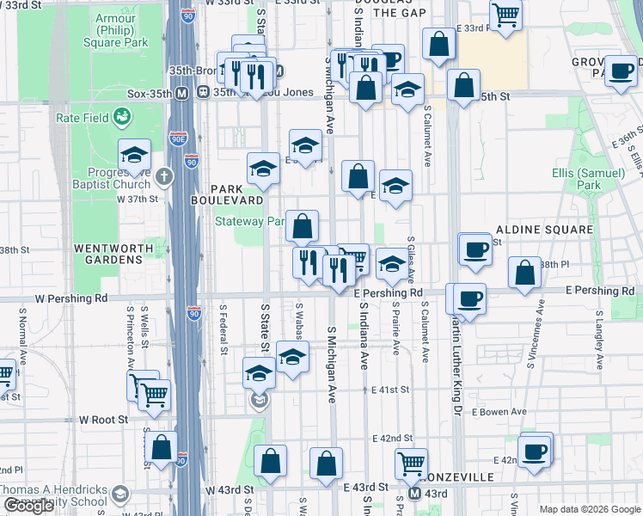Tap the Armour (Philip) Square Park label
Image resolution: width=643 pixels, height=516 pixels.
(122, 28)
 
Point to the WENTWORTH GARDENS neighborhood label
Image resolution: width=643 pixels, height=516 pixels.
(107, 253)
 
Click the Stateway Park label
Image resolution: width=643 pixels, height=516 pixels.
(249, 221)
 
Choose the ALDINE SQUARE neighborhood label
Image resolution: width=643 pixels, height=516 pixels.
(544, 230)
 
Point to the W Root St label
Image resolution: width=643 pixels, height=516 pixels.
(103, 420)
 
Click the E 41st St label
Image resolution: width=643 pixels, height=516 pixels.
(384, 390)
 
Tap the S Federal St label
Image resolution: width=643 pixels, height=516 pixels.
(223, 329)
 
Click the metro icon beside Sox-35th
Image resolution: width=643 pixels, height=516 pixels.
(181, 92)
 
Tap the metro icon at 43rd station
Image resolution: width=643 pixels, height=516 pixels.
(413, 494)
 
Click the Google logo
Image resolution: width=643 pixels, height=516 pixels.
(28, 506)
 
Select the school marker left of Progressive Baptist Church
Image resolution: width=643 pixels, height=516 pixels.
(134, 156)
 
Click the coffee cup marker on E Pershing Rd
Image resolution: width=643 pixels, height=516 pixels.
(469, 299)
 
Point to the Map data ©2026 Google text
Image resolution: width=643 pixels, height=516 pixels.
(590, 509)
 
